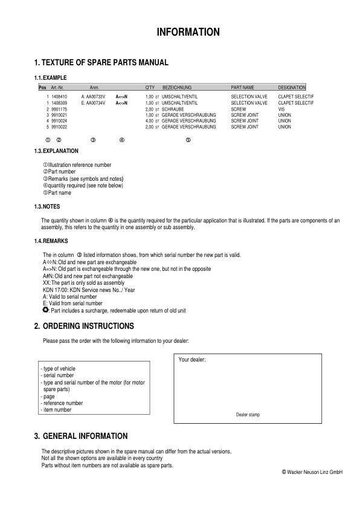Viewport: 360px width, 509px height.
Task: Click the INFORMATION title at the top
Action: [188, 32]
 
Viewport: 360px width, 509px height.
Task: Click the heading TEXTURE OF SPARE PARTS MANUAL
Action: [101, 63]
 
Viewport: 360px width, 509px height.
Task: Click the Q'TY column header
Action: [150, 88]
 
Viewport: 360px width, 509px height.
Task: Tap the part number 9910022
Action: [59, 127]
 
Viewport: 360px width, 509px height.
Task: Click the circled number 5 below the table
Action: [188, 140]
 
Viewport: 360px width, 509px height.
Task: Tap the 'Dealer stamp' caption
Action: [248, 415]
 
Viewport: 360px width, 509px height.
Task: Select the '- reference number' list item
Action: [62, 403]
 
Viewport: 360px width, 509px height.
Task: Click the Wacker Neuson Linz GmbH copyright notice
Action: [312, 472]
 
